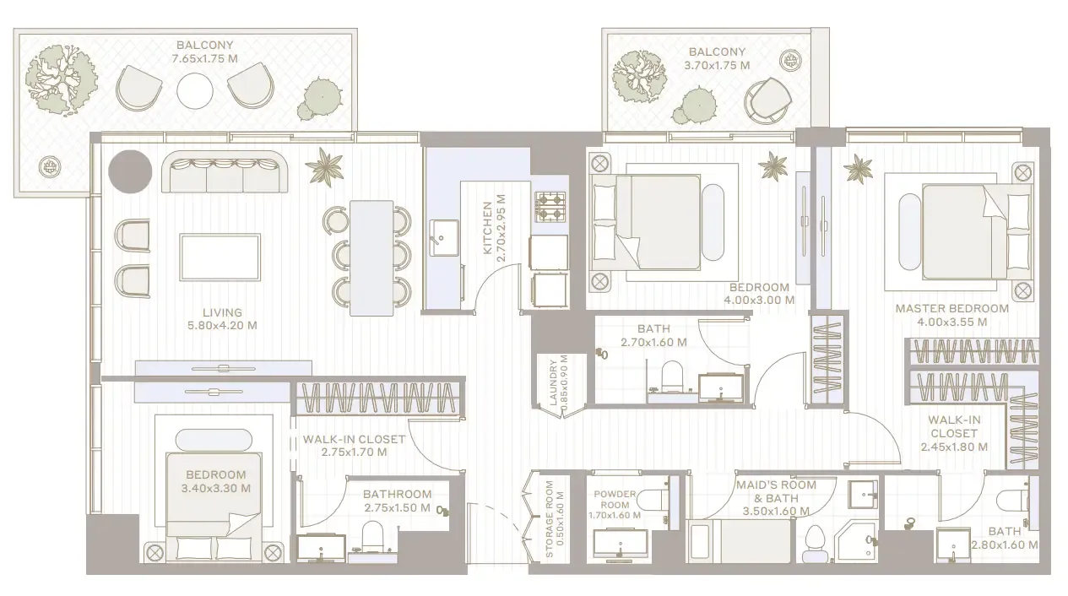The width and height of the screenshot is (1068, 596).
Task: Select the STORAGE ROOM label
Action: [549, 520]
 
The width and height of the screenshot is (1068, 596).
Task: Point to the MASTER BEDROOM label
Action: [951, 309]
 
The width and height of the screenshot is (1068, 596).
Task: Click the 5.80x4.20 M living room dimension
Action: [222, 325]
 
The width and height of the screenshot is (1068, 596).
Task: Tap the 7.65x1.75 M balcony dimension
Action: [204, 58]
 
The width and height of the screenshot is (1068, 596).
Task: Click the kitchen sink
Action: [442, 237]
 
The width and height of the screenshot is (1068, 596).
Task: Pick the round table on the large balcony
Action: [195, 89]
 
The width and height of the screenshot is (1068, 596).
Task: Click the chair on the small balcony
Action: [767, 99]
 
